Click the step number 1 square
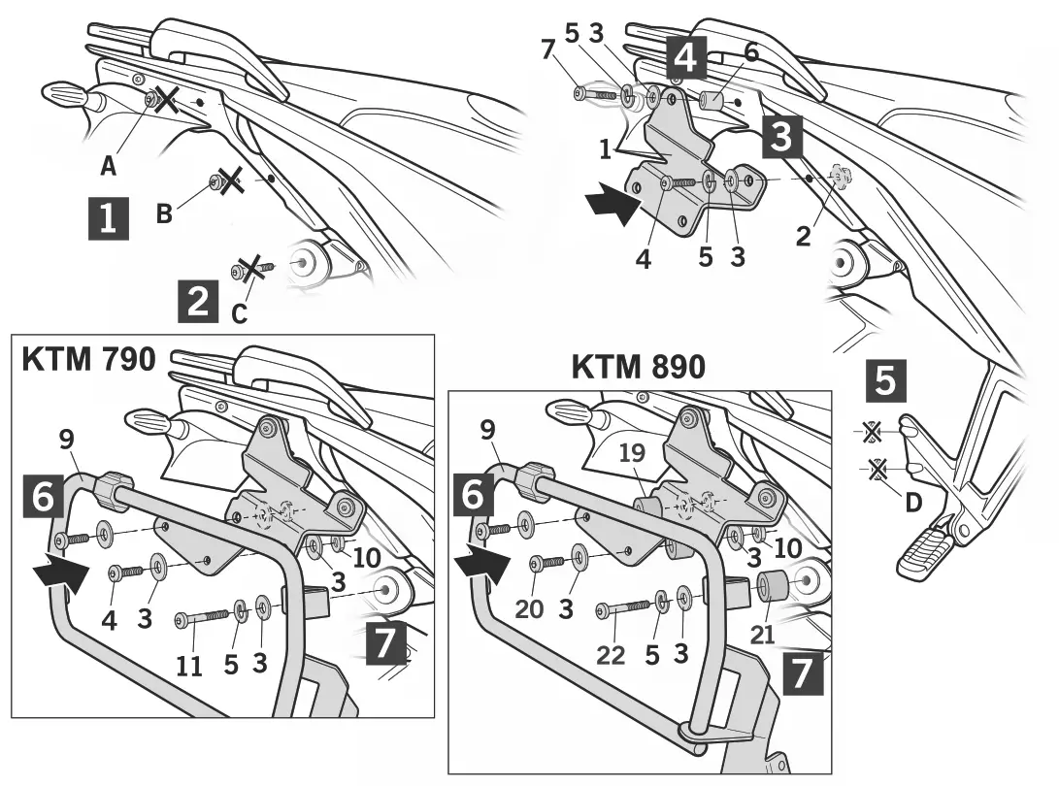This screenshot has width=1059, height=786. point(108,218)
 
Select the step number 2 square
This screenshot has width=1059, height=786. point(198,301)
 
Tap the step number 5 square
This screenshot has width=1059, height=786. point(886,381)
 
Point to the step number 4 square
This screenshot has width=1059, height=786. point(684,58)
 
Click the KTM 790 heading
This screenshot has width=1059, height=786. point(88,359)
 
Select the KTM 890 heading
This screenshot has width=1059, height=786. point(639,367)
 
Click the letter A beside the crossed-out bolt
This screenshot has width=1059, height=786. point(109,166)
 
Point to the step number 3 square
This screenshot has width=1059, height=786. point(781,138)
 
